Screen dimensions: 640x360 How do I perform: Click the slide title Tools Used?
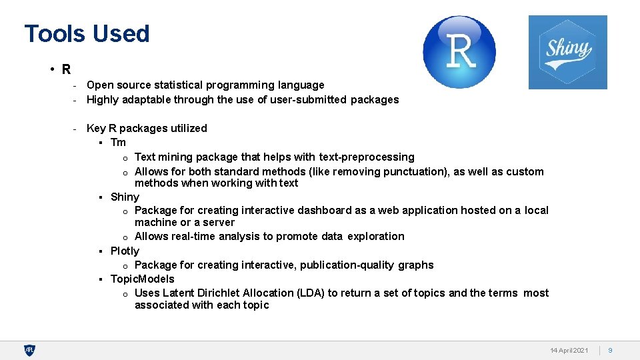pyautogui.click(x=87, y=33)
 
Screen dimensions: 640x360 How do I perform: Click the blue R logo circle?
pyautogui.click(x=459, y=52)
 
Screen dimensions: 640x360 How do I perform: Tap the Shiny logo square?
pyautogui.click(x=567, y=52)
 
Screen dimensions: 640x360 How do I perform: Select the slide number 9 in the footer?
pyautogui.click(x=610, y=350)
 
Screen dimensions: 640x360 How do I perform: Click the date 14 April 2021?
pyautogui.click(x=569, y=350)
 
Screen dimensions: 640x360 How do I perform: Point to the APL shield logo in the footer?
pyautogui.click(x=29, y=350)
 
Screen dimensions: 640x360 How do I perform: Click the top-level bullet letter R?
pyautogui.click(x=67, y=69)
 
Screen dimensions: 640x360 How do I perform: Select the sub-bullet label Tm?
pyautogui.click(x=118, y=142)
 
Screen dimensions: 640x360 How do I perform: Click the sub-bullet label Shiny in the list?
pyautogui.click(x=125, y=197)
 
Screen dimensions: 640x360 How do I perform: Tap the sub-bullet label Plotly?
pyautogui.click(x=125, y=251)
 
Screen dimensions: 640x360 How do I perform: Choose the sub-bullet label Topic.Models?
pyautogui.click(x=142, y=279)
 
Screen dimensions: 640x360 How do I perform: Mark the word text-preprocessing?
pyautogui.click(x=367, y=157)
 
